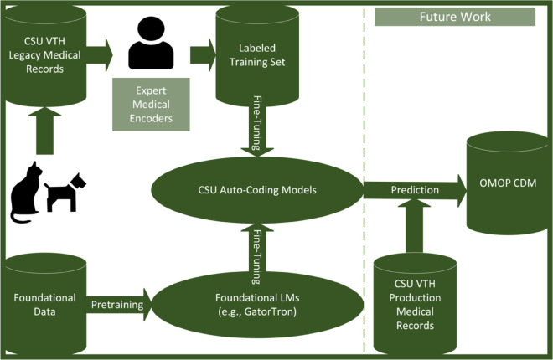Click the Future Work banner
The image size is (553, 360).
click(x=455, y=17)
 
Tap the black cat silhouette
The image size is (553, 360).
click(x=25, y=193)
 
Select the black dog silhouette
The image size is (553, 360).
click(x=65, y=193)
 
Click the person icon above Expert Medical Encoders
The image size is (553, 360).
click(x=151, y=43)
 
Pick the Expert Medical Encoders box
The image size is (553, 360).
click(x=151, y=105)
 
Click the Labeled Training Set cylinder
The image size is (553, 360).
click(x=257, y=55)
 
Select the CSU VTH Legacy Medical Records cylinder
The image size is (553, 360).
click(x=44, y=55)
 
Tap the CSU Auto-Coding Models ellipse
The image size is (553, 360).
click(x=257, y=190)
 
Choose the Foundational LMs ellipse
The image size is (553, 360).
click(x=257, y=305)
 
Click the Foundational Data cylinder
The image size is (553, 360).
click(x=44, y=305)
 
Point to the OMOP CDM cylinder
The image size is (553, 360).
click(x=508, y=183)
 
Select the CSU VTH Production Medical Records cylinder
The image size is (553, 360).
click(x=415, y=305)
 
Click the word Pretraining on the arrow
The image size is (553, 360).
click(x=117, y=305)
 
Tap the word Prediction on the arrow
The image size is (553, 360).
click(x=415, y=190)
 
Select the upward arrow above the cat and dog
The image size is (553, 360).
click(x=44, y=131)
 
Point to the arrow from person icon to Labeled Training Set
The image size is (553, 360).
click(x=203, y=55)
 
